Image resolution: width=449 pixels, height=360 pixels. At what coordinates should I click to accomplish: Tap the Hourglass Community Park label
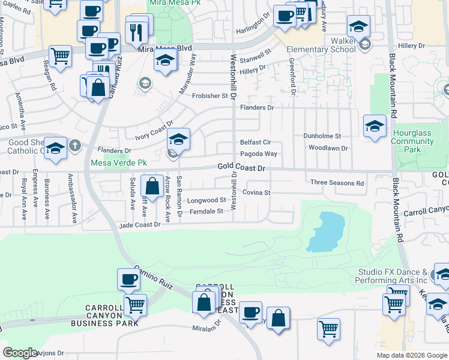[x=412, y=141]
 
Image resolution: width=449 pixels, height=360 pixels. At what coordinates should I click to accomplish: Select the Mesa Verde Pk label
[x=118, y=163]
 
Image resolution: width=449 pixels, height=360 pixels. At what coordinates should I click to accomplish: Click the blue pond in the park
[x=325, y=231]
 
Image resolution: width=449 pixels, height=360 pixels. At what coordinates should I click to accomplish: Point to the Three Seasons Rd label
[x=337, y=183]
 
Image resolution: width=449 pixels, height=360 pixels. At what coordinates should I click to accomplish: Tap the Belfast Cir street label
[x=256, y=143]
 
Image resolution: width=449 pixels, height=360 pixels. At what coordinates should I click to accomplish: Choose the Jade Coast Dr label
[x=140, y=224]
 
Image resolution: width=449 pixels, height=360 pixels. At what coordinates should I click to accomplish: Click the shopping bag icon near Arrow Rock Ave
[x=153, y=187]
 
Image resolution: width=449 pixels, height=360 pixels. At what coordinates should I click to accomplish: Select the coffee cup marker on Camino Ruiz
[x=128, y=280]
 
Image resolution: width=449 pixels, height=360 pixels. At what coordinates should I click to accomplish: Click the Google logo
[x=20, y=353]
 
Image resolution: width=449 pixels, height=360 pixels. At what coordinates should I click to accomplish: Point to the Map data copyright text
[x=411, y=355]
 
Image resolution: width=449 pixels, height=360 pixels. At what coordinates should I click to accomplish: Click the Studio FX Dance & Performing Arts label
[x=391, y=276]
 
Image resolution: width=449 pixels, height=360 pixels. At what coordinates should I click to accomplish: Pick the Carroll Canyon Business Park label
[x=104, y=315]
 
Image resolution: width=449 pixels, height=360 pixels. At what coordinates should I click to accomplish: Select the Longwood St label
[x=206, y=200]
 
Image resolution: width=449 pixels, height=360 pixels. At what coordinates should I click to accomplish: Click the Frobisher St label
[x=210, y=95]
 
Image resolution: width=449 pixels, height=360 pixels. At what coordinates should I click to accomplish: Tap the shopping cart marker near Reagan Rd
[x=61, y=58]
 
